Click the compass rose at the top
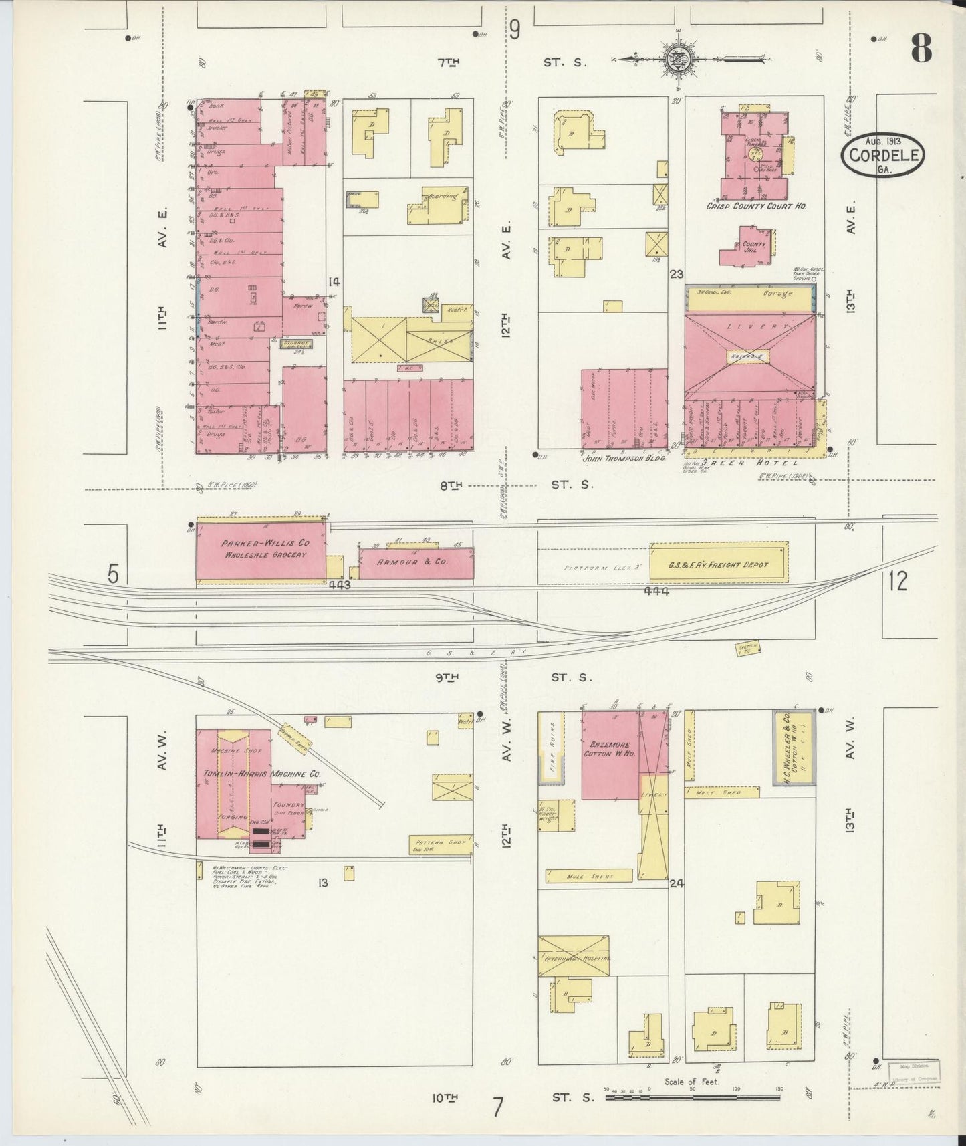point(677,60)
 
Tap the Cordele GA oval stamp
point(884,156)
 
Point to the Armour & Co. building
point(416,562)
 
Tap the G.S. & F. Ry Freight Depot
point(719,565)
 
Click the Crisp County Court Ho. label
point(756,207)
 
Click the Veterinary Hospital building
point(574,957)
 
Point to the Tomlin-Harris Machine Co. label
point(262,774)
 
